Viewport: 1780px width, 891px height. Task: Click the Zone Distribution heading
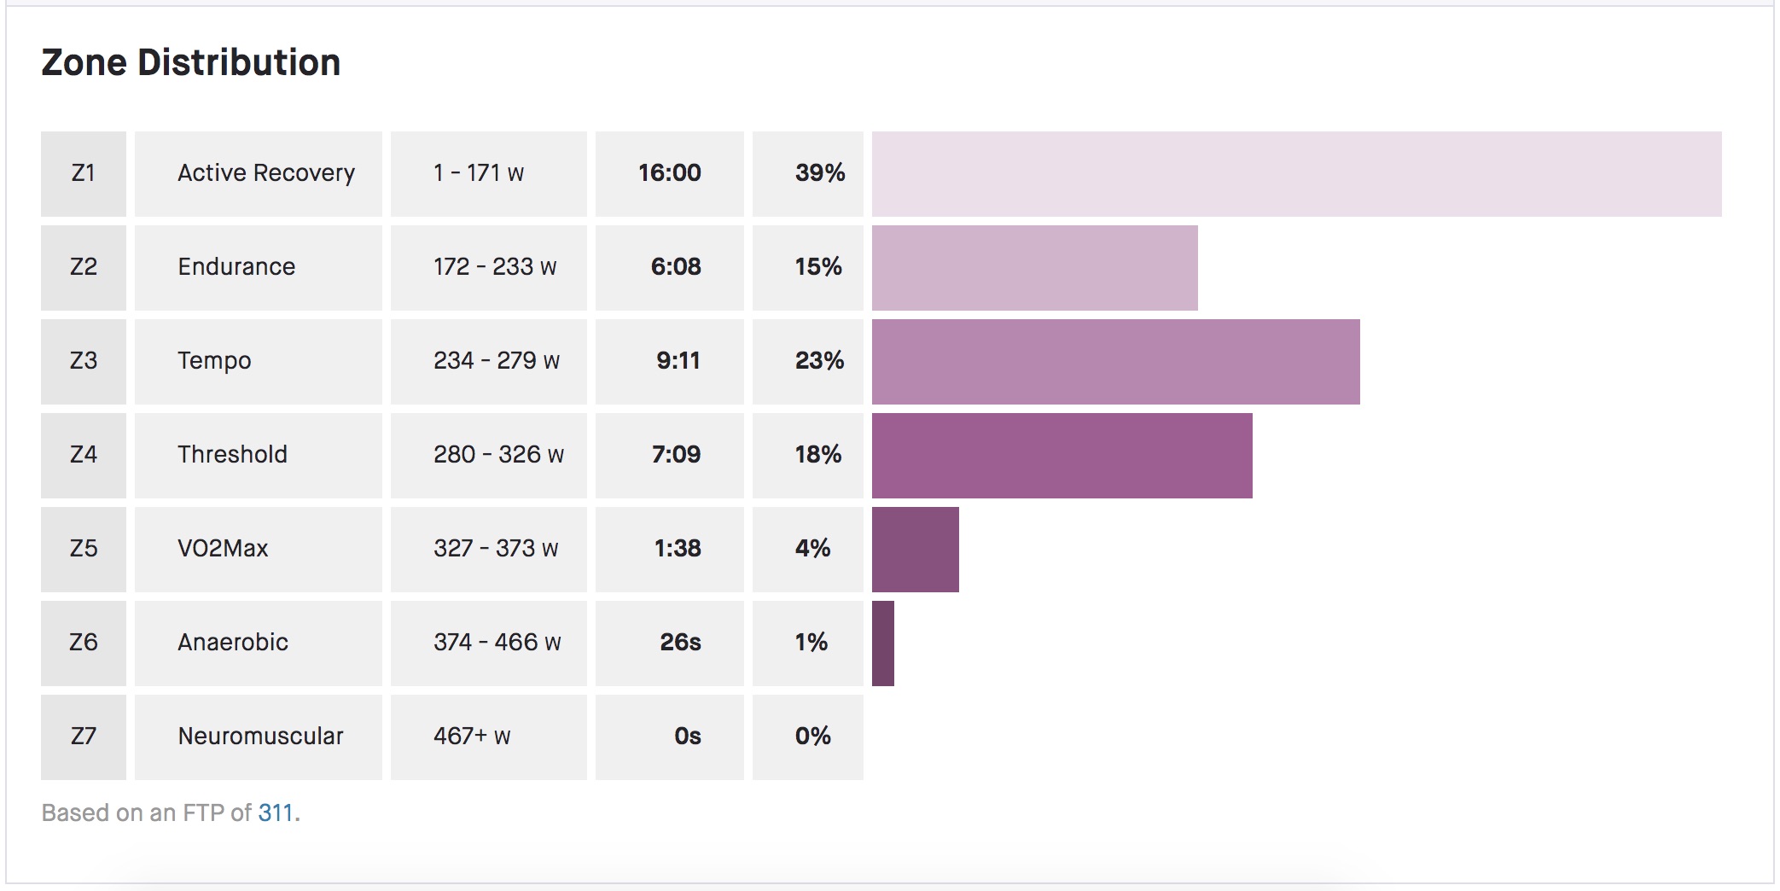pyautogui.click(x=190, y=62)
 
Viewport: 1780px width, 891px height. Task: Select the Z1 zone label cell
pyautogui.click(x=83, y=173)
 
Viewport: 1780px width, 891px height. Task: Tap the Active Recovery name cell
pyautogui.click(x=265, y=173)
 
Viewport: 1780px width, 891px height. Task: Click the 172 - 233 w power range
pyautogui.click(x=495, y=267)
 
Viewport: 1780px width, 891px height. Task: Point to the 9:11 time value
pyautogui.click(x=678, y=361)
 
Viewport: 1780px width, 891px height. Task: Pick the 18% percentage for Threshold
pyautogui.click(x=817, y=455)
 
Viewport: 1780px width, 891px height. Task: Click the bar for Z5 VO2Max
pyautogui.click(x=915, y=549)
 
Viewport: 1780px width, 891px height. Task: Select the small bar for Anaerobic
pyautogui.click(x=882, y=643)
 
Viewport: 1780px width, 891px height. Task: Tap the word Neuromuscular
pyautogui.click(x=260, y=737)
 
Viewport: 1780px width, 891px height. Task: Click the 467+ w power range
pyautogui.click(x=472, y=737)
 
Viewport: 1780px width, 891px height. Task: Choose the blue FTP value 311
pyautogui.click(x=275, y=812)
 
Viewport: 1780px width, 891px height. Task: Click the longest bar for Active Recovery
pyautogui.click(x=1295, y=173)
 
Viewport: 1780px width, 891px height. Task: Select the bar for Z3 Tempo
pyautogui.click(x=1114, y=361)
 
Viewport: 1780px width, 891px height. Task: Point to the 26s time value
pyautogui.click(x=680, y=643)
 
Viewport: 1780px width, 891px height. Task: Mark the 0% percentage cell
pyautogui.click(x=812, y=737)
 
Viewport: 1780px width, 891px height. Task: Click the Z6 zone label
pyautogui.click(x=83, y=643)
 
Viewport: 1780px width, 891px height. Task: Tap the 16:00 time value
pyautogui.click(x=669, y=173)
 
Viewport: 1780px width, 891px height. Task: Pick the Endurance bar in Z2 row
pyautogui.click(x=1034, y=267)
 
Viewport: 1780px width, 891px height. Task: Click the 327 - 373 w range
pyautogui.click(x=496, y=549)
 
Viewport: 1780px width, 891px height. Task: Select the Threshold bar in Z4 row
pyautogui.click(x=1062, y=455)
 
